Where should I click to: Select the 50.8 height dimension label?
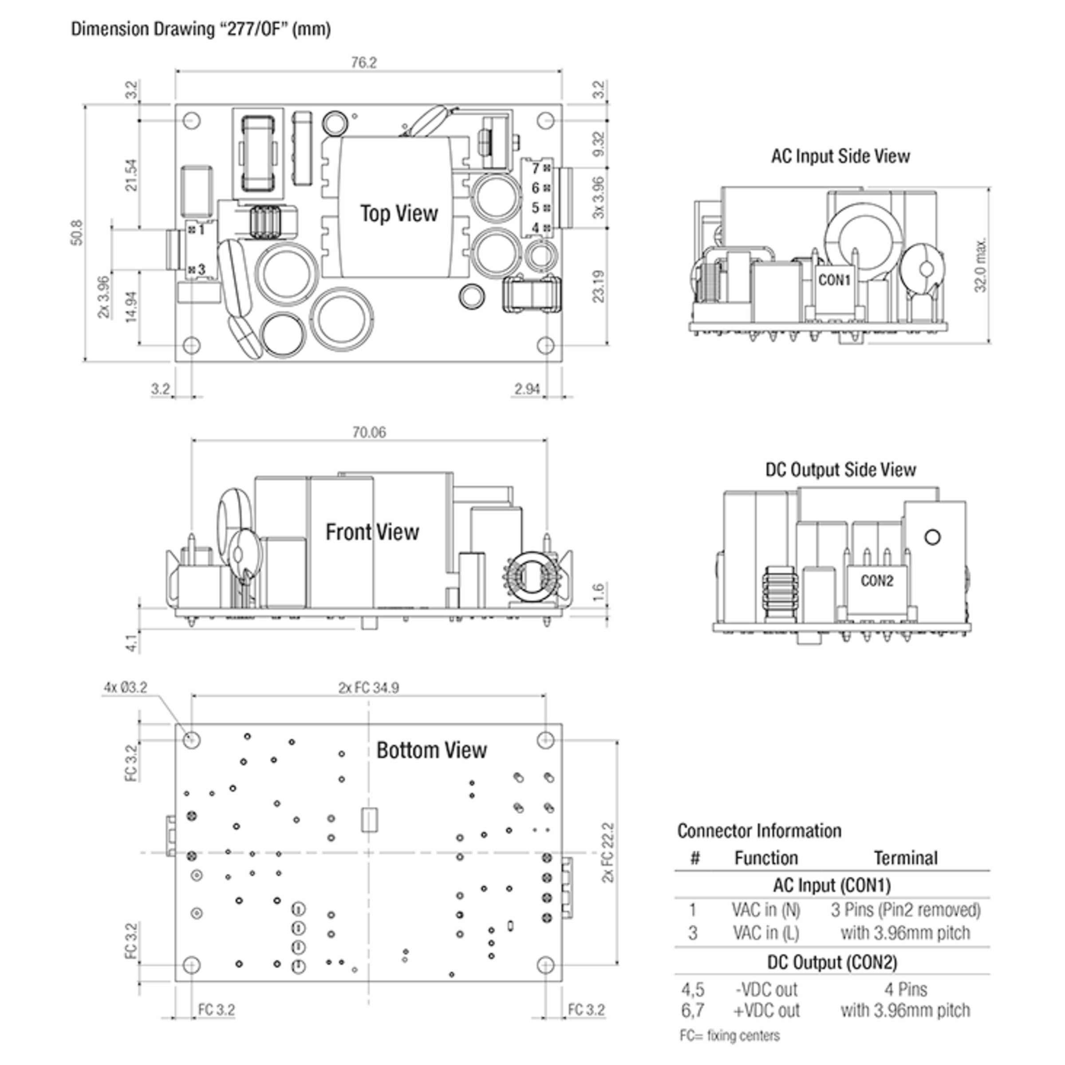point(77,232)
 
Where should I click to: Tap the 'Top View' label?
point(398,213)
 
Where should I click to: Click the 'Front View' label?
point(372,532)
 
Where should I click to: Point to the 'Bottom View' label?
point(432,750)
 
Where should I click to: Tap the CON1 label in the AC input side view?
point(834,280)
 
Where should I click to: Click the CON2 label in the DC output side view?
point(876,581)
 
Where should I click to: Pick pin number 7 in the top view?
point(535,168)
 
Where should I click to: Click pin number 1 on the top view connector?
point(201,229)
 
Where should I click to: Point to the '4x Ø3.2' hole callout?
point(126,687)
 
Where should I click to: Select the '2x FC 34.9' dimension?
point(368,688)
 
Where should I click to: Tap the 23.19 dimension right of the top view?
point(599,286)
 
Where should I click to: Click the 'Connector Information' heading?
point(759,831)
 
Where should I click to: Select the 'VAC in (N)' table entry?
point(765,910)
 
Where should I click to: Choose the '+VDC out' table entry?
point(766,1010)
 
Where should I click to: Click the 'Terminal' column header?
point(905,858)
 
